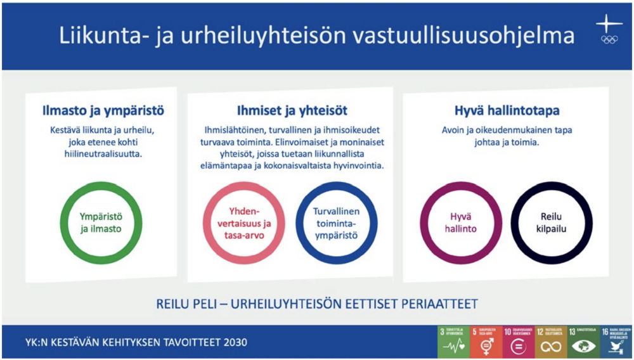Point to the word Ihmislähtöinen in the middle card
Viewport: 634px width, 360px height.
pyautogui.click(x=229, y=130)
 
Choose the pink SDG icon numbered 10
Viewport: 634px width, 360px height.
pyautogui.click(x=519, y=342)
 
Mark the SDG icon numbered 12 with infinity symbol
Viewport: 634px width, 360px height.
pyautogui.click(x=552, y=342)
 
